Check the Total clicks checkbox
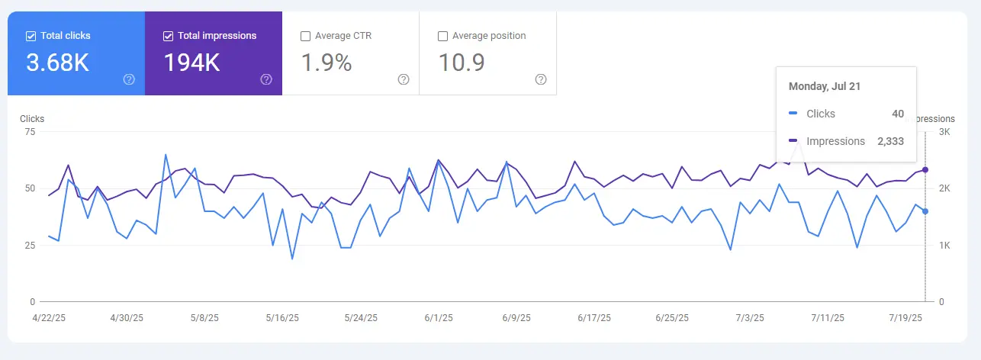[x=31, y=36]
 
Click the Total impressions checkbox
[x=168, y=36]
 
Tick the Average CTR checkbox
[x=305, y=36]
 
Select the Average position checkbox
[x=442, y=36]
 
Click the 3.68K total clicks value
[x=57, y=63]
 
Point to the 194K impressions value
[x=191, y=63]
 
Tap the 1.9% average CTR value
[x=326, y=63]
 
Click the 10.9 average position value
[x=462, y=63]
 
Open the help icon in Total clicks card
[x=129, y=79]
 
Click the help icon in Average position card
[x=541, y=79]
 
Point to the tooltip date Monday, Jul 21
[x=825, y=86]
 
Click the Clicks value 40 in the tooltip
[x=898, y=114]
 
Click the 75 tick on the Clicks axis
[x=31, y=132]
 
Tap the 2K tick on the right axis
[x=944, y=188]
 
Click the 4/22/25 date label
[x=49, y=317]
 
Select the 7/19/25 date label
[x=906, y=317]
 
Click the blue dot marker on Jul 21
[x=925, y=211]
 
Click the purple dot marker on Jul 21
[x=925, y=169]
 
